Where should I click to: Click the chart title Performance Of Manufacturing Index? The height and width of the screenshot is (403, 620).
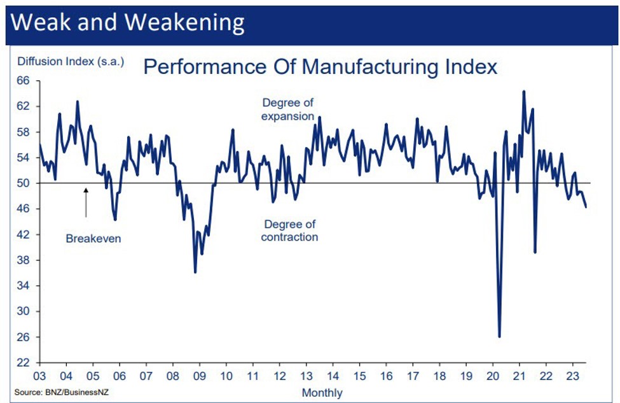coord(320,66)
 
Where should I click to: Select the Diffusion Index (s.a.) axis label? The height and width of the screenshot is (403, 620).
coord(70,62)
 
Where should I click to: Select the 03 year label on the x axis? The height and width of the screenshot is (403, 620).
coord(39,376)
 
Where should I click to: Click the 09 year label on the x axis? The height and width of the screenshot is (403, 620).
coord(199,376)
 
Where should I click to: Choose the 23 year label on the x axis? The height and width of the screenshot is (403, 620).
coord(572,376)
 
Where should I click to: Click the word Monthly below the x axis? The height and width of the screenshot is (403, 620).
coord(322,392)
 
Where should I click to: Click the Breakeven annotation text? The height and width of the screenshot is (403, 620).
coord(93,239)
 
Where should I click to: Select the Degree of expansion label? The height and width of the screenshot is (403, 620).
coord(288,109)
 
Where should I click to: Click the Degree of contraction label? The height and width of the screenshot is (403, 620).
coord(290,230)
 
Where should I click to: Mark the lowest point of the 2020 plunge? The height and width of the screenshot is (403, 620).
coord(499,337)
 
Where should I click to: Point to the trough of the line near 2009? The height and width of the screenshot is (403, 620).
coord(195,272)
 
